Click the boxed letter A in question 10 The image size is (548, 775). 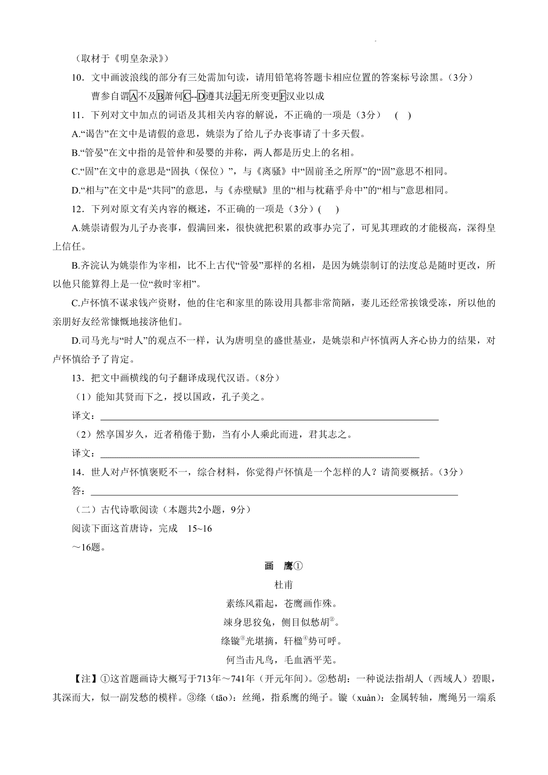[133, 96]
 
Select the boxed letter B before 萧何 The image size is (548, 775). [160, 96]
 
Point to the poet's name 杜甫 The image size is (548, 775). [284, 585]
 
